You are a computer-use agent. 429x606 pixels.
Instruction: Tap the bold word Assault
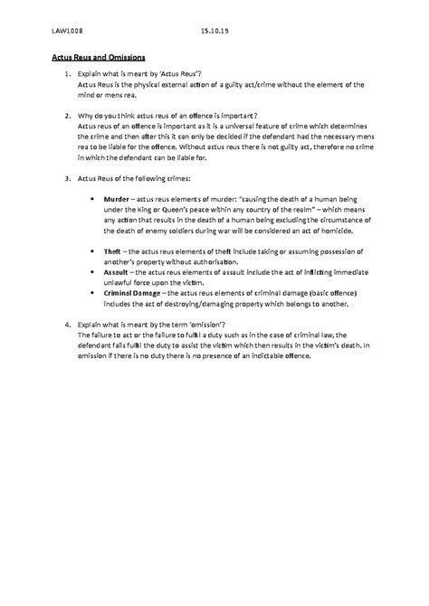[117, 270]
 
